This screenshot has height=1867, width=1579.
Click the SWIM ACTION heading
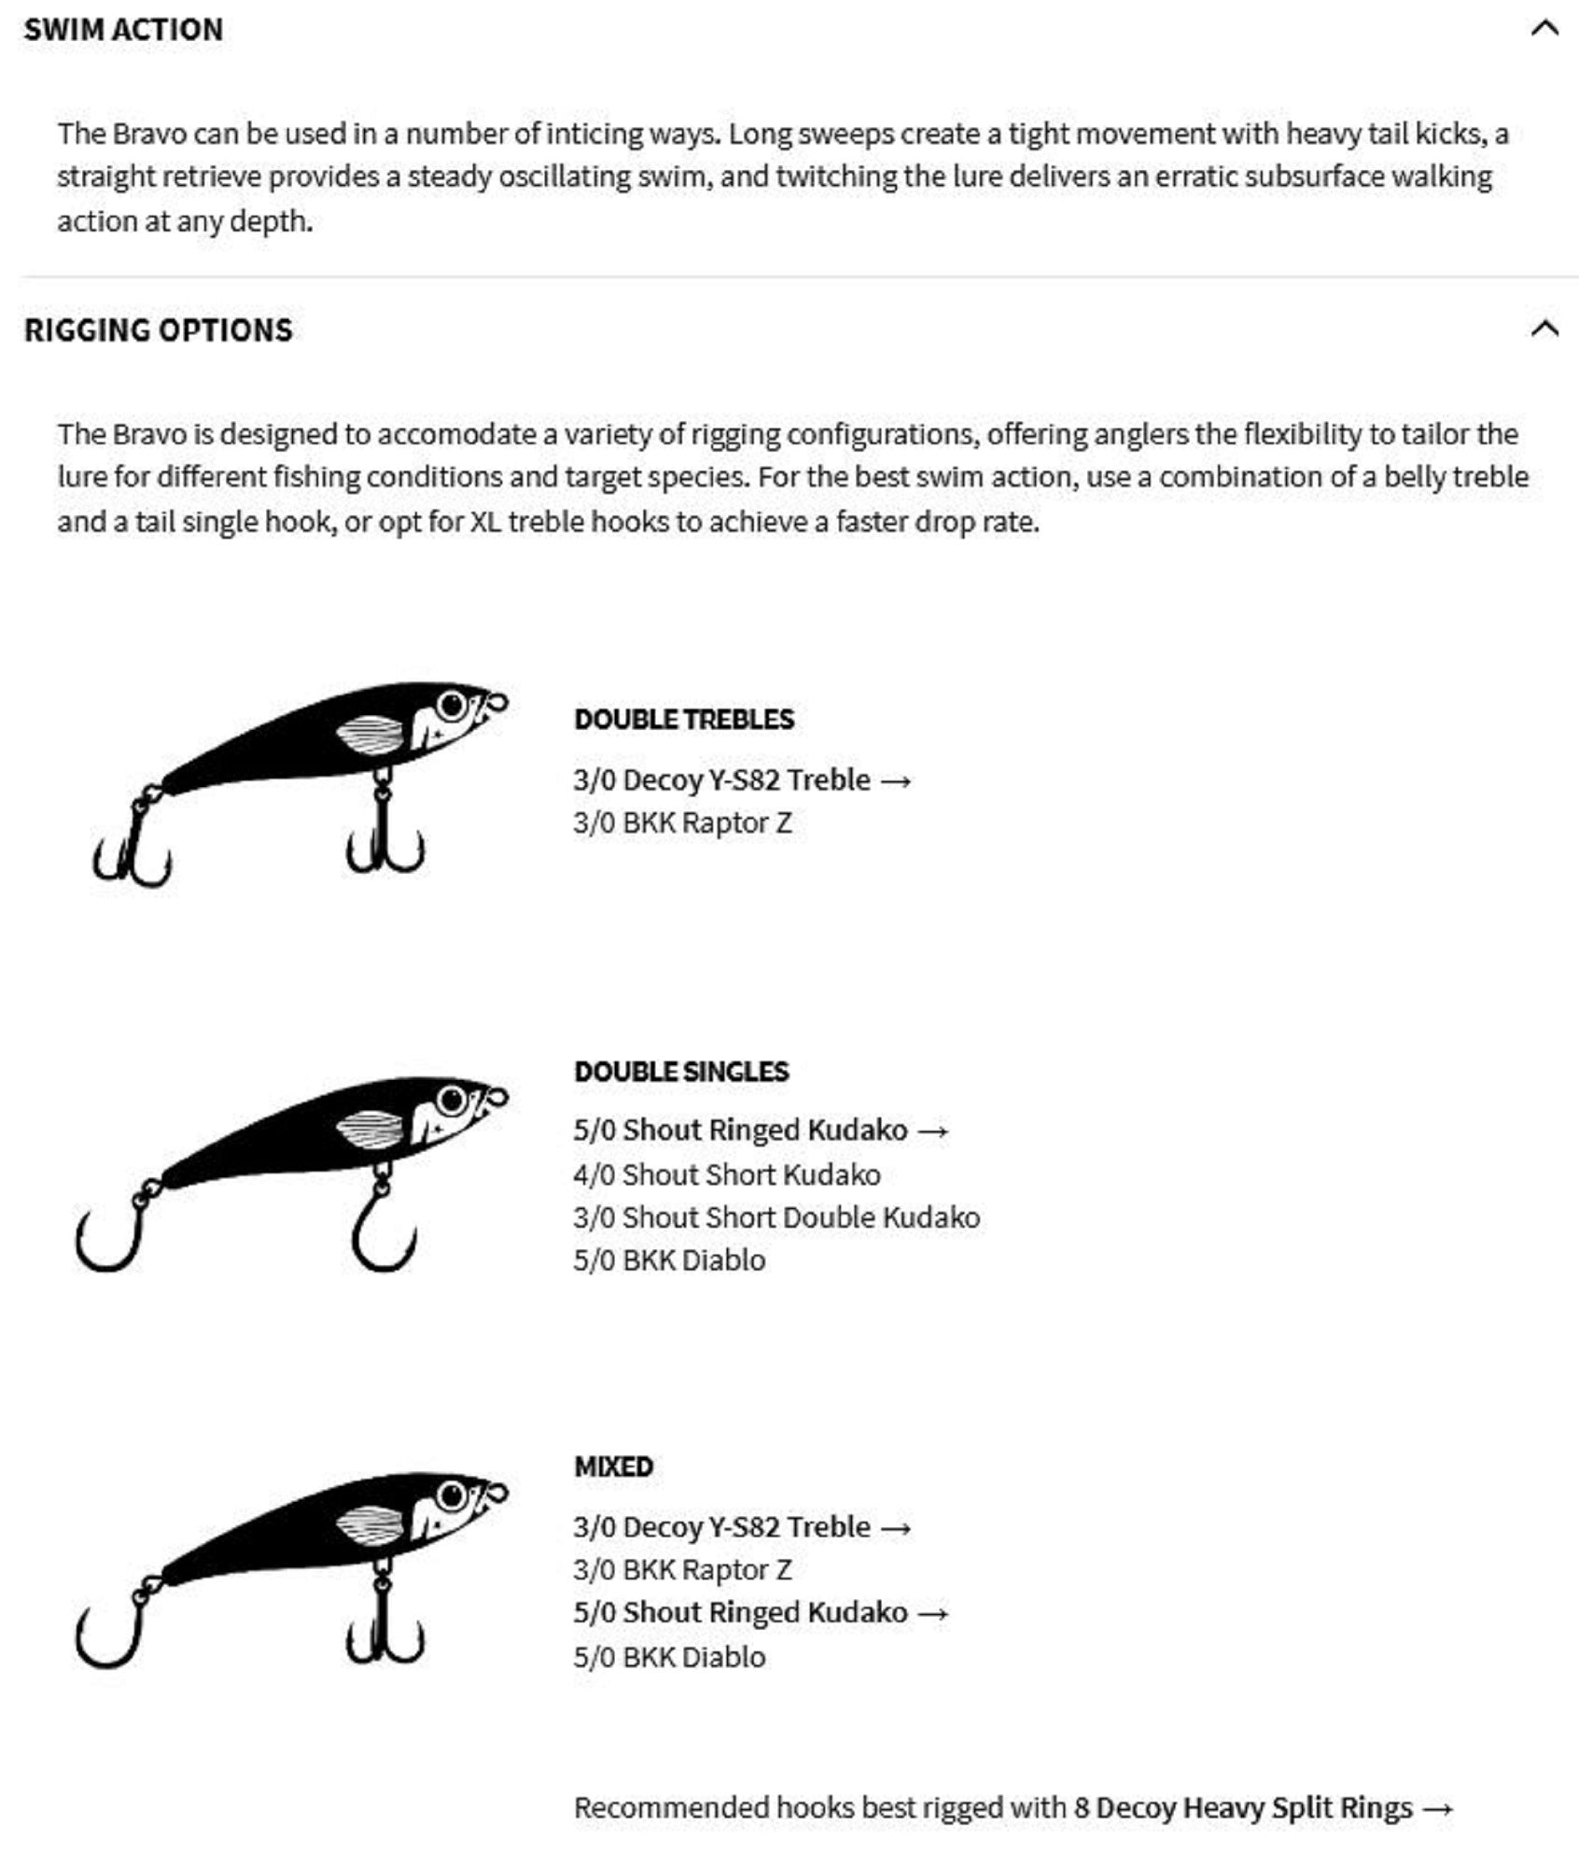click(x=123, y=30)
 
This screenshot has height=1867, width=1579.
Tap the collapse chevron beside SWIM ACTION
click(x=1544, y=28)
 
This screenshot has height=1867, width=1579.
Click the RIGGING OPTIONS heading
click(x=158, y=330)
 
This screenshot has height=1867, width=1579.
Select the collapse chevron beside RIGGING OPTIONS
click(x=1544, y=329)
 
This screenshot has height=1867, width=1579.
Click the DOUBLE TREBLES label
click(x=684, y=719)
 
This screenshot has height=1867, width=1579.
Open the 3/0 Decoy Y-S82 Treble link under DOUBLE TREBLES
click(x=742, y=779)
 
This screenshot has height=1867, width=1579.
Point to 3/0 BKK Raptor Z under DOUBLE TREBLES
click(x=682, y=822)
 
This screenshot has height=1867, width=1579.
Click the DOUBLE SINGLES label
click(x=681, y=1071)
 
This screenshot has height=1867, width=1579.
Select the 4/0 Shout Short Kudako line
click(x=727, y=1174)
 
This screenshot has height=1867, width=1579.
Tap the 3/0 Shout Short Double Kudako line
click(x=776, y=1217)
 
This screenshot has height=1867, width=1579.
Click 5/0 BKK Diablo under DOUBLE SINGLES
click(x=669, y=1260)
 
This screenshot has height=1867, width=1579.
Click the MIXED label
click(x=613, y=1467)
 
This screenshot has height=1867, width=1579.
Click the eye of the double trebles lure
click(x=452, y=705)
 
